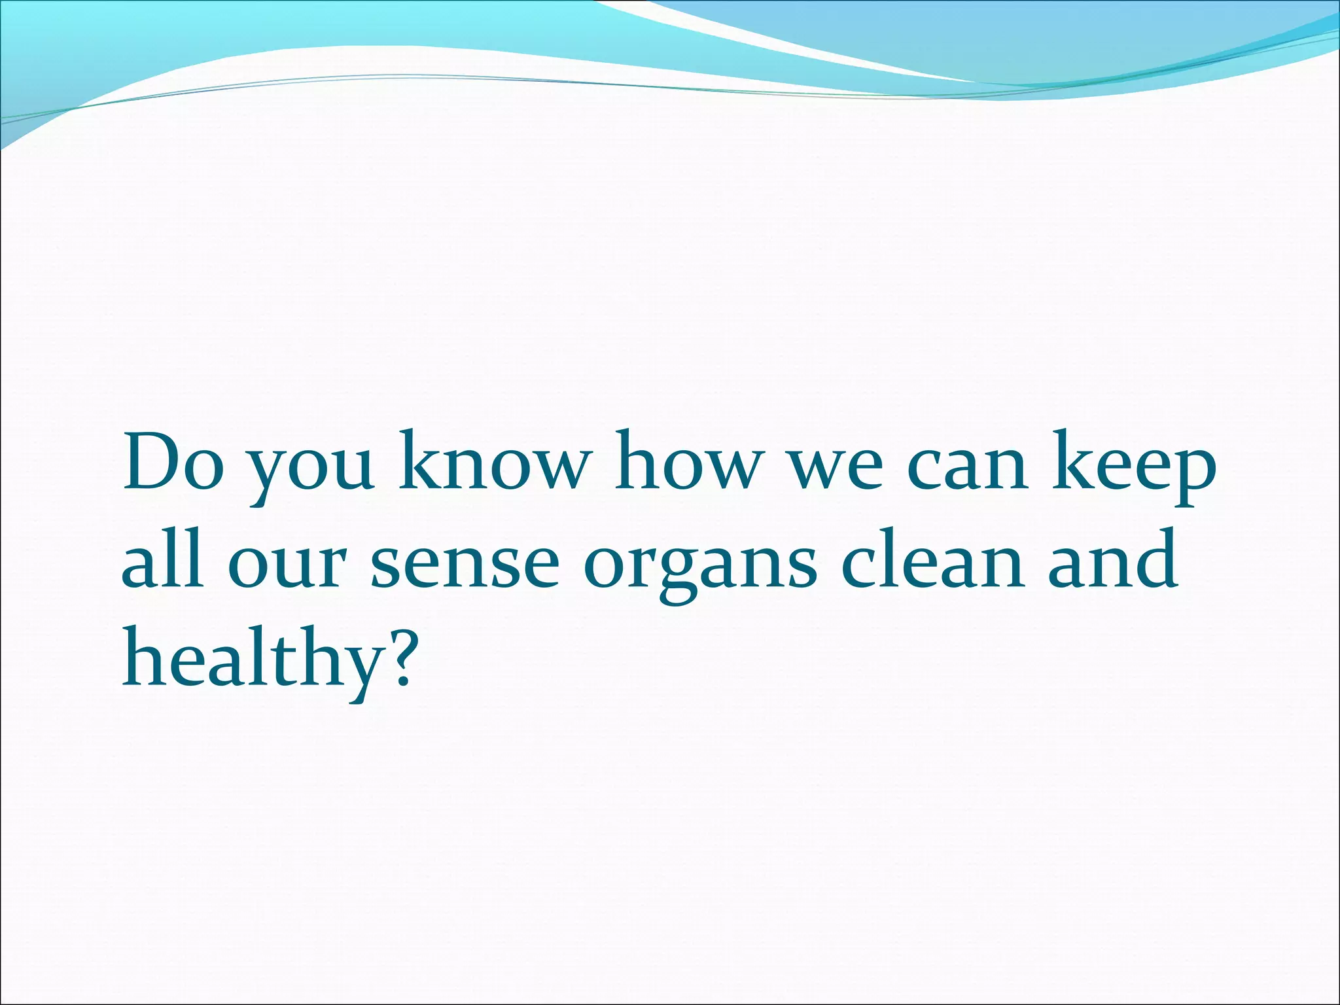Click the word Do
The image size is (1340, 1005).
pos(172,462)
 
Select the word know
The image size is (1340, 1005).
pos(495,461)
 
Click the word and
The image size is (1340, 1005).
pos(1112,559)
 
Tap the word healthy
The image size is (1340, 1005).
pos(252,658)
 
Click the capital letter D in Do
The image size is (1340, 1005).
pos(154,461)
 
